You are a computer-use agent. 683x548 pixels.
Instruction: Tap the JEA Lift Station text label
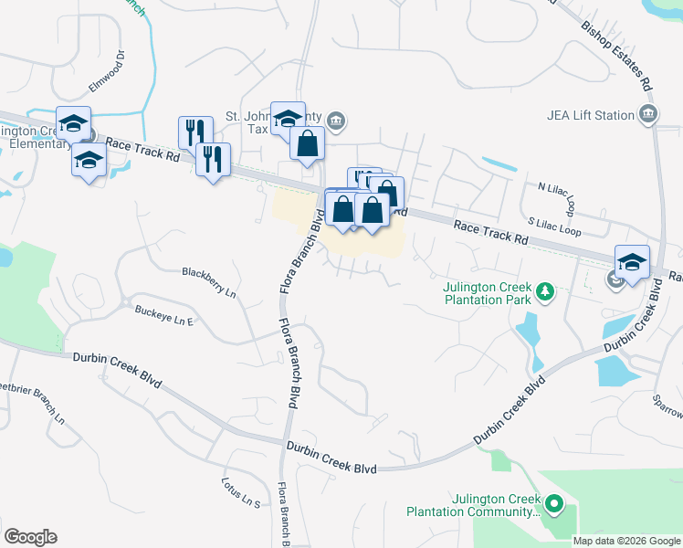[591, 115]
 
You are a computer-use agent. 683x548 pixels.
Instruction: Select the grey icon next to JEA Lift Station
[648, 114]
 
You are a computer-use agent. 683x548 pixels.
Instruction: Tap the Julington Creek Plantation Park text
[486, 292]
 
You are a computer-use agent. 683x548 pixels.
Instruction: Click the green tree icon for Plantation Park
[545, 291]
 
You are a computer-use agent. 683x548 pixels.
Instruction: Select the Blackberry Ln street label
[209, 272]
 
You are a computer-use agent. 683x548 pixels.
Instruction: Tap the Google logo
[30, 537]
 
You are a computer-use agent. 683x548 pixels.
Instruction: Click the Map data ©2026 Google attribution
[625, 541]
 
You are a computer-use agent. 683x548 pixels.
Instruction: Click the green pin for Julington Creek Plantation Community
[553, 504]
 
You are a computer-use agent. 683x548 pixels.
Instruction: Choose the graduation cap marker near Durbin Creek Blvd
[633, 262]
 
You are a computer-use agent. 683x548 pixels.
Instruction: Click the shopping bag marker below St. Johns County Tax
[308, 143]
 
